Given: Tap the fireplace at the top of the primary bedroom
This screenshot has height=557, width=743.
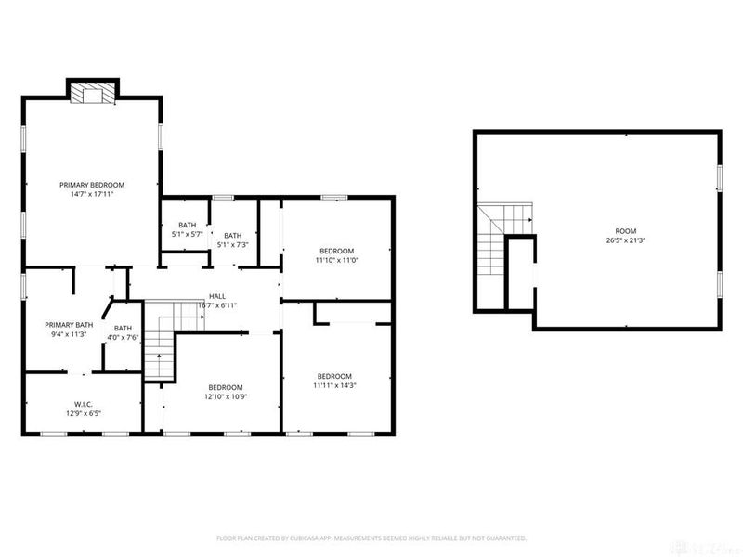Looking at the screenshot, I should coord(93,93).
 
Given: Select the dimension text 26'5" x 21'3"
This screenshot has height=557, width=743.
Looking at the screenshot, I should coord(627,241).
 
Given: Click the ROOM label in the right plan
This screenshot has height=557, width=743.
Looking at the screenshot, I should coord(627,231).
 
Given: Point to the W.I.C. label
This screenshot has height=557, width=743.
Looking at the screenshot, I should coord(82,404).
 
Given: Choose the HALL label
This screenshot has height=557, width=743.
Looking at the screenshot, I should coord(216,296).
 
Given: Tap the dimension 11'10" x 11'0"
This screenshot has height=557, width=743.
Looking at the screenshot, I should coord(337,261).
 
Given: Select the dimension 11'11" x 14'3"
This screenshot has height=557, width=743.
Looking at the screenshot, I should coord(334,385).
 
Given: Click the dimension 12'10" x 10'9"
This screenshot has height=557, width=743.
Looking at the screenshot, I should coord(226,397).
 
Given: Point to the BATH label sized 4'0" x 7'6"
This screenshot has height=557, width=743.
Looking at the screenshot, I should coord(124,328).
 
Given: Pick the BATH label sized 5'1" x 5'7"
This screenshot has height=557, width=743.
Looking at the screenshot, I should coord(188,225).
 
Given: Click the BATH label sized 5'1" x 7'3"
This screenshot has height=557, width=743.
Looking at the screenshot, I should coord(232,235).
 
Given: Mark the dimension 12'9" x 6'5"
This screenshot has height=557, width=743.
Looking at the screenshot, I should coord(82,414).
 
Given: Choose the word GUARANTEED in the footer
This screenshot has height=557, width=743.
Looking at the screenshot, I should coord(502,538).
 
